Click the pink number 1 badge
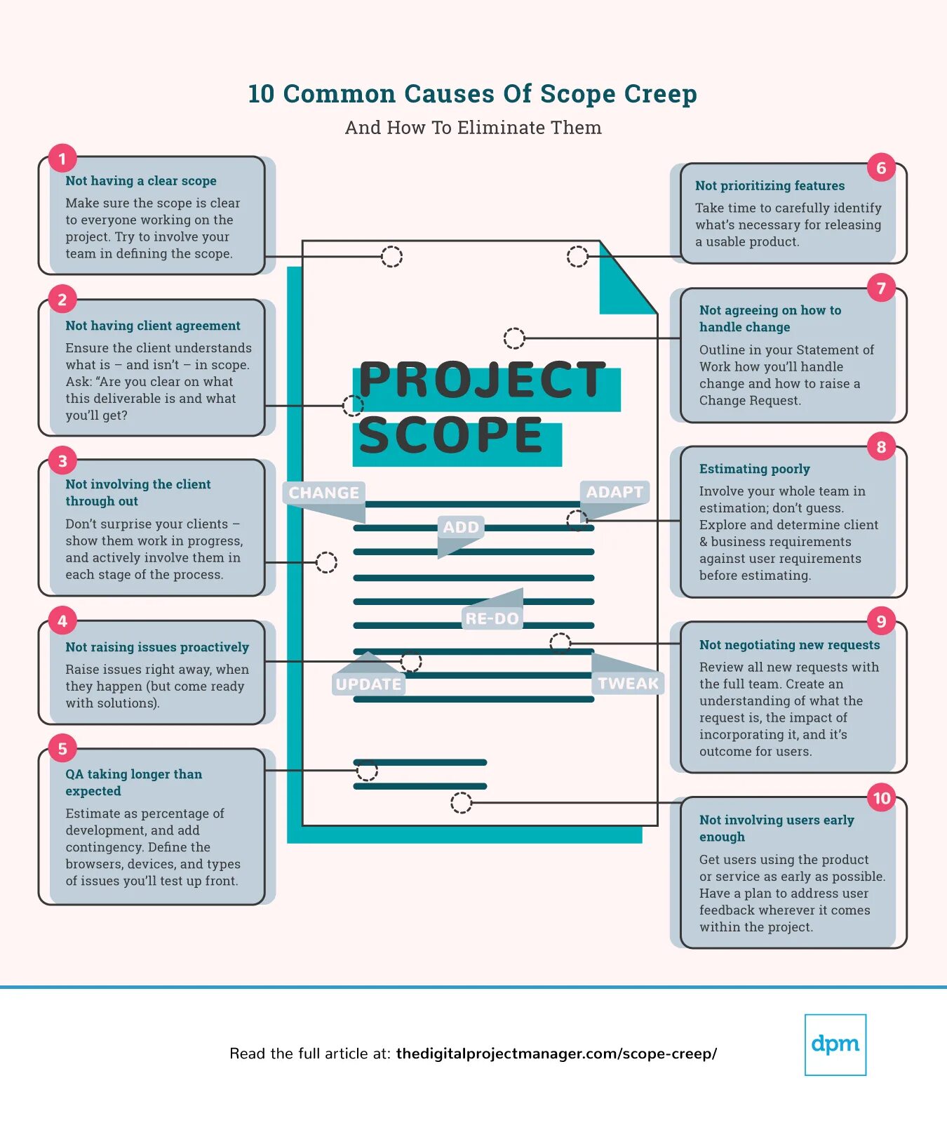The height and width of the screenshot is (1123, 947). pos(62,159)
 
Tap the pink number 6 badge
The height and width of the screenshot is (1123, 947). pos(881,168)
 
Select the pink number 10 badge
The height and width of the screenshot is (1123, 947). pos(881,798)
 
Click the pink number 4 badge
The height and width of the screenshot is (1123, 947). pos(62,620)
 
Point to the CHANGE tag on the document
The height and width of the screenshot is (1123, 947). pos(323,493)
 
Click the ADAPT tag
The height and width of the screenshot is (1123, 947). pos(614,492)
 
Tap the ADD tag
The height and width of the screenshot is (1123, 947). pos(461,527)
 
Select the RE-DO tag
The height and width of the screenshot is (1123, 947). pos(492,618)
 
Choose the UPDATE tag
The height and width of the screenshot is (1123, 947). pos(368,684)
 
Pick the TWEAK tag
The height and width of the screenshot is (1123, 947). pos(628,683)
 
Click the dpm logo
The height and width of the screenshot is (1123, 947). pos(835,1044)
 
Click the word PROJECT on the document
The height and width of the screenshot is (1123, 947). pos(482,380)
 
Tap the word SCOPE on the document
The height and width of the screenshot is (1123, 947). pos(451,436)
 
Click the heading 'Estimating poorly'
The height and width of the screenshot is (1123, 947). pos(754,469)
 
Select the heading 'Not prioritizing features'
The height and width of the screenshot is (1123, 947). pos(770,186)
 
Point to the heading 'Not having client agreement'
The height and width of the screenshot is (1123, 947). pos(152,326)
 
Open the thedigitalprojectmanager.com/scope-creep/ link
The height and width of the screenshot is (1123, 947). pos(556,1054)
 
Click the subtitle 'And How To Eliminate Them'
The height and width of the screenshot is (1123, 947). pos(473,128)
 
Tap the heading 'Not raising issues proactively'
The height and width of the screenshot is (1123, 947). pos(157,647)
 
